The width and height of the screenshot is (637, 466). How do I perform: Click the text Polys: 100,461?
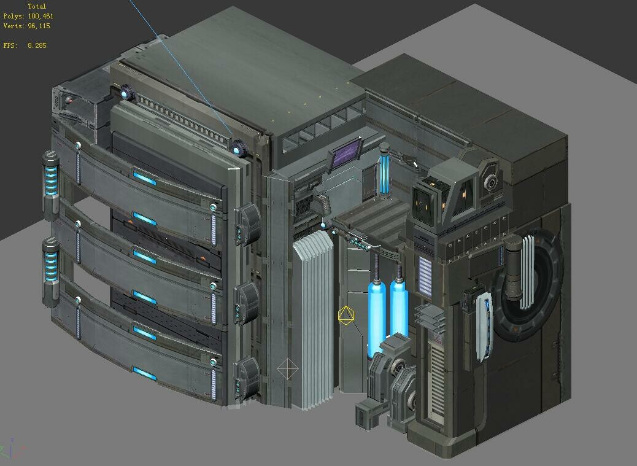point(28,17)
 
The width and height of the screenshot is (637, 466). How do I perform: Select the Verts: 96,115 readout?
point(27,26)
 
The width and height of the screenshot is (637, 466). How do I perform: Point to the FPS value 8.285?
point(37,45)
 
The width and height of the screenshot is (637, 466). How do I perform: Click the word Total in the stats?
point(37,6)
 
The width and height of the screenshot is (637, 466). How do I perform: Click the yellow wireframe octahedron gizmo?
point(346,316)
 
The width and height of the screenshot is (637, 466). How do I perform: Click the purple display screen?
point(346,156)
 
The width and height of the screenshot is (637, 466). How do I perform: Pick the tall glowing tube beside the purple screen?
point(385,172)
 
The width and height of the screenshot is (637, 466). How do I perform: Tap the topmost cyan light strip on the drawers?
point(145,179)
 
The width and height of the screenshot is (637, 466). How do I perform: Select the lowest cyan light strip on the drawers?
point(145,373)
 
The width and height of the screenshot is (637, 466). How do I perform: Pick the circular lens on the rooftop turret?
point(490,182)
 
